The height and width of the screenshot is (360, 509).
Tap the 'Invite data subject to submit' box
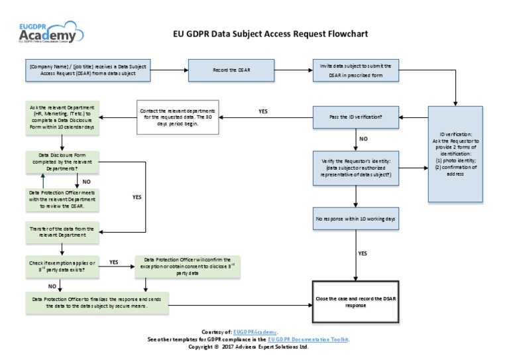[356, 70]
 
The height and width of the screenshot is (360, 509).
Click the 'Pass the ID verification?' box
[356, 117]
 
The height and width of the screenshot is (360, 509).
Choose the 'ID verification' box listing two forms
[456, 154]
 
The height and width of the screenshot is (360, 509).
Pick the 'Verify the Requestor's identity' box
[356, 168]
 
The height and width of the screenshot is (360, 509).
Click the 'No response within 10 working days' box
[356, 218]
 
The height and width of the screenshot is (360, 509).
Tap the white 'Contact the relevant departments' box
[177, 117]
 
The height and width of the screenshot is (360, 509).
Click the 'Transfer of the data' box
[62, 231]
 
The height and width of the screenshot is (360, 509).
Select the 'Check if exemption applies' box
[62, 266]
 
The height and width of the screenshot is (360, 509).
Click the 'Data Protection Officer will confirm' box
[187, 266]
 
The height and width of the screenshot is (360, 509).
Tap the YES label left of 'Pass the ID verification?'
[263, 111]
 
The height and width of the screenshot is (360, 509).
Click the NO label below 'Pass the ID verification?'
[363, 139]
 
